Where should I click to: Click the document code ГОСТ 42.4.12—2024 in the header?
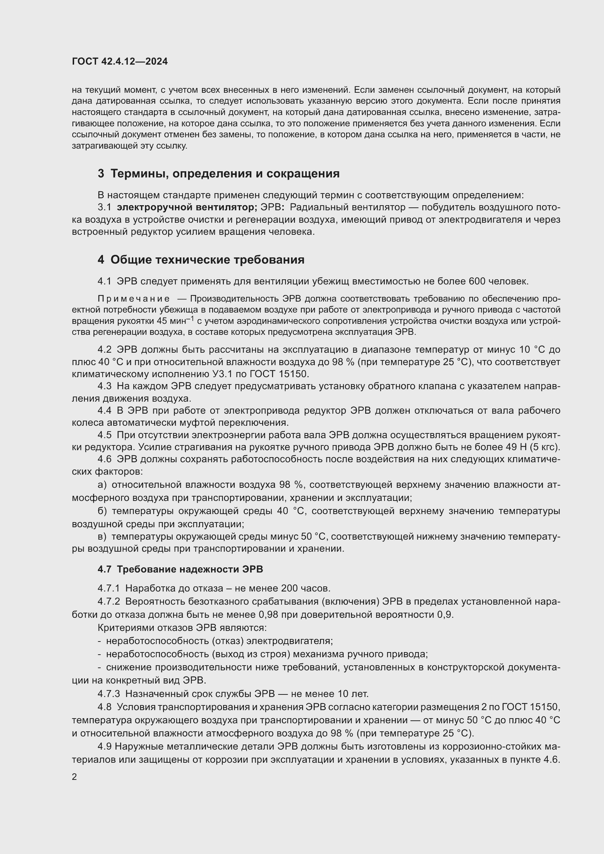(120, 61)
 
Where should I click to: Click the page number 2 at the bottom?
(74, 777)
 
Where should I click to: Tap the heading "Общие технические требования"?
(207, 260)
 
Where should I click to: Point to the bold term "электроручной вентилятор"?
(186, 207)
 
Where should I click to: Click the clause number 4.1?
(104, 281)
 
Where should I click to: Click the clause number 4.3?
(104, 386)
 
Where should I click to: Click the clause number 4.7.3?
(108, 694)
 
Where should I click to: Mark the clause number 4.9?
(104, 747)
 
